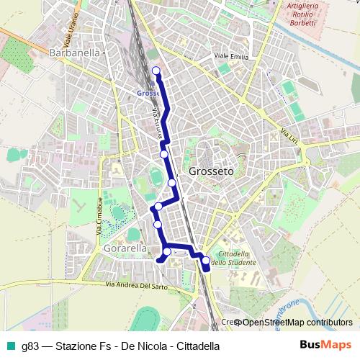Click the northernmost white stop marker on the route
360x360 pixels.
coord(156,70)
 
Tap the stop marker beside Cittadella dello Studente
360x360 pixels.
coord(205,261)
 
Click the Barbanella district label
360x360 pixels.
coord(76,53)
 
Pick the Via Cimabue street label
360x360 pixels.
coord(99,215)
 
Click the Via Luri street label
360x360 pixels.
coord(288,135)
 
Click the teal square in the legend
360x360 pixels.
coord(9,345)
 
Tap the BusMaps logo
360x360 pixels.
coord(325,344)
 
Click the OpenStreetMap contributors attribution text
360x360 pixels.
coord(297,323)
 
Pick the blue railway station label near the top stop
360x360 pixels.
coord(146,92)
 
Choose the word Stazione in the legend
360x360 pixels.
coord(78,345)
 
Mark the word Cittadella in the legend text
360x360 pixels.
coord(195,345)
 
